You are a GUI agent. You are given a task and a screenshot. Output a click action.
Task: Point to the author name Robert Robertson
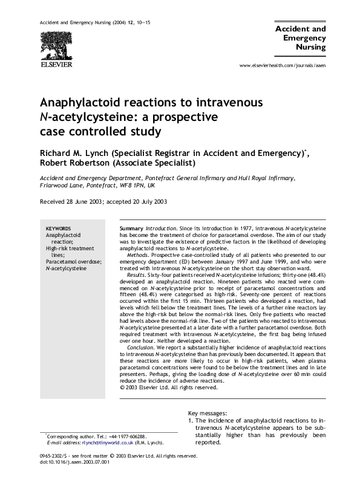[x=76, y=163]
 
